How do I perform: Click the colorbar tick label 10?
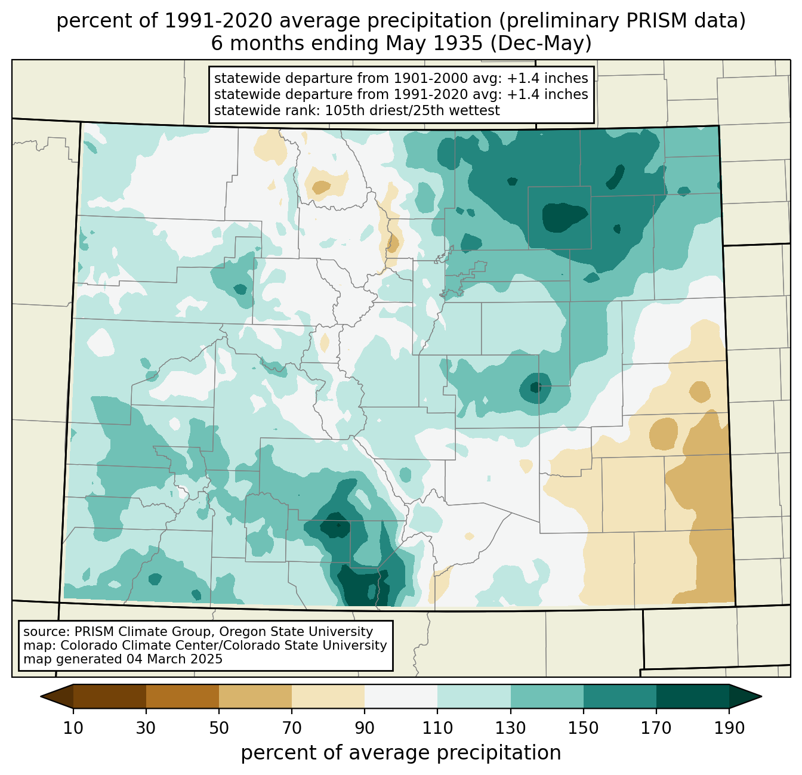pyautogui.click(x=73, y=728)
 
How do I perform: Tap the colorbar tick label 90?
pyautogui.click(x=365, y=728)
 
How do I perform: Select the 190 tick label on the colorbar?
pyautogui.click(x=729, y=728)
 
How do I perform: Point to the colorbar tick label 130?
pyautogui.click(x=510, y=728)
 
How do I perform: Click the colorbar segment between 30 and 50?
pyautogui.click(x=183, y=696)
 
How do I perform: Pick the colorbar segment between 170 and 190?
pyautogui.click(x=692, y=696)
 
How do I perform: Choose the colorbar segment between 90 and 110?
pyautogui.click(x=401, y=696)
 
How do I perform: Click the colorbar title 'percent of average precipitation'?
pyautogui.click(x=401, y=753)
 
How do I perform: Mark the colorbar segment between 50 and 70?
pyautogui.click(x=255, y=696)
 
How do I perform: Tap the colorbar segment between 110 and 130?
pyautogui.click(x=474, y=696)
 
